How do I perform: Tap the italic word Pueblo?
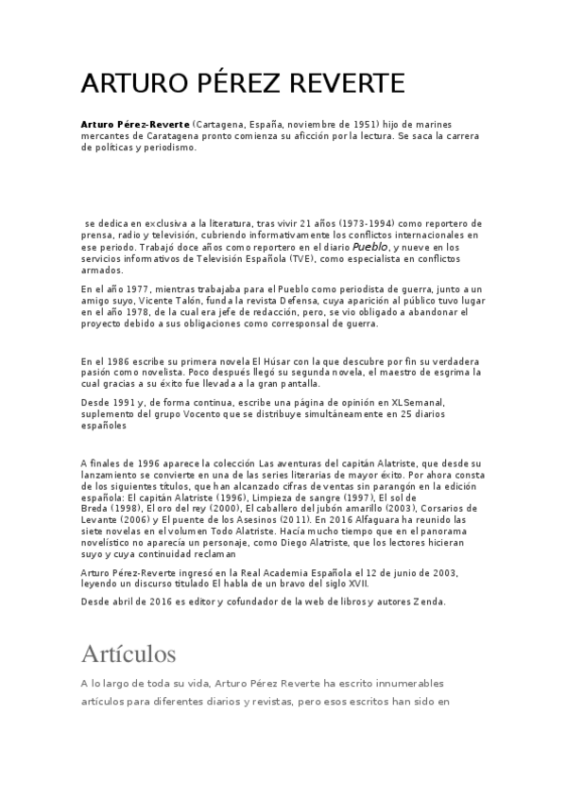pos(370,246)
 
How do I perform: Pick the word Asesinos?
pos(262,520)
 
